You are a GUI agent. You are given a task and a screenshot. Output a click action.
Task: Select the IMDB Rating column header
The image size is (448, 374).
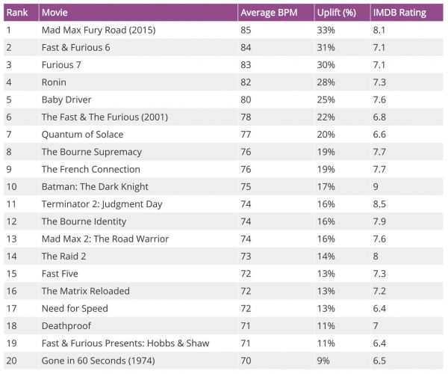[x=396, y=13]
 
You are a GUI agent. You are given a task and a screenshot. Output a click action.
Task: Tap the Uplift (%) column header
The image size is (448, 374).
[x=337, y=13]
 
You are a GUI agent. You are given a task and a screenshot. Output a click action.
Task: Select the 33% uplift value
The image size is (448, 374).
[x=326, y=31]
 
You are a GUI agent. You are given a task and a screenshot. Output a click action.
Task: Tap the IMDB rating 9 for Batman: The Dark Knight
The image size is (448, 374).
[x=376, y=186]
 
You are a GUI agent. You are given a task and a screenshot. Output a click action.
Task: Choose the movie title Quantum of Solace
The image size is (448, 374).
[x=82, y=135]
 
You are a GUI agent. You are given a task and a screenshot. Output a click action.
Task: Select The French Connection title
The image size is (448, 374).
[x=90, y=169]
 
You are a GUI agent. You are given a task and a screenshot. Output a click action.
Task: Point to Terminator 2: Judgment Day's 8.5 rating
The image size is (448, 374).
[x=379, y=203]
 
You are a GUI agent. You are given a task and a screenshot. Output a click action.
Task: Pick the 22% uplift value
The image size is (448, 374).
[x=326, y=117]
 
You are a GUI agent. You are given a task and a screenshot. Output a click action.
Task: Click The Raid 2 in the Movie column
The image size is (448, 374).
[x=63, y=256]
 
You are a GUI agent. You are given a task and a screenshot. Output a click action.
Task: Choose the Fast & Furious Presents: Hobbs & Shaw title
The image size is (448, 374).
[x=125, y=343]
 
